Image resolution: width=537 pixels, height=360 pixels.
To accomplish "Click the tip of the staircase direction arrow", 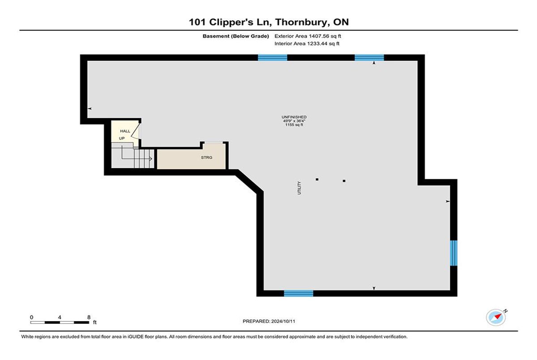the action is (152, 159).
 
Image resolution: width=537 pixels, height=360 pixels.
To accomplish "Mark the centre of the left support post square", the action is (317, 179).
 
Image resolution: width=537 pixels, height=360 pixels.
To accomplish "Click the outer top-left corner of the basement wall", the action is (80, 55).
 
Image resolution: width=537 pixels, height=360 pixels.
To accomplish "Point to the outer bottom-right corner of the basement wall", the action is (457, 296).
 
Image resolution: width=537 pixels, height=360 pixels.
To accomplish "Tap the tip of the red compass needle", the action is (502, 314).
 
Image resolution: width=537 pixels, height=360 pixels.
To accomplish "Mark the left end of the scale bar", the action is (30, 322).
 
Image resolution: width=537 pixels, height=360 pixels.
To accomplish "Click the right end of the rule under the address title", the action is (518, 30).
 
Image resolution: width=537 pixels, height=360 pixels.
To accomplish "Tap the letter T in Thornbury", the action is (278, 22).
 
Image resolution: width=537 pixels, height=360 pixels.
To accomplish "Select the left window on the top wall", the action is (273, 58).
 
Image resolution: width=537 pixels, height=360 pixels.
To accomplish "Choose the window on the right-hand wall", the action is (454, 253).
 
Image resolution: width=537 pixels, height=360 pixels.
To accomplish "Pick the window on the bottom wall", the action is (299, 293).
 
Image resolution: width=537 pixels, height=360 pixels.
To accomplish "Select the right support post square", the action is (344, 181).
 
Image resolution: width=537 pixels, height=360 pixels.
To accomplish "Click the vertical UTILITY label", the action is (299, 188).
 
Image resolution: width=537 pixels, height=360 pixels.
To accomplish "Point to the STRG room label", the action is (207, 157).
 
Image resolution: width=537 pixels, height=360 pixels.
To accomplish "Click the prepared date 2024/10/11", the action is (283, 321).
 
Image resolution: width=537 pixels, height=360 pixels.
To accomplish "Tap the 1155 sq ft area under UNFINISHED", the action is (294, 125).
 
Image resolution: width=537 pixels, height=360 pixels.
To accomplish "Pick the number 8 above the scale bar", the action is (89, 318).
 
